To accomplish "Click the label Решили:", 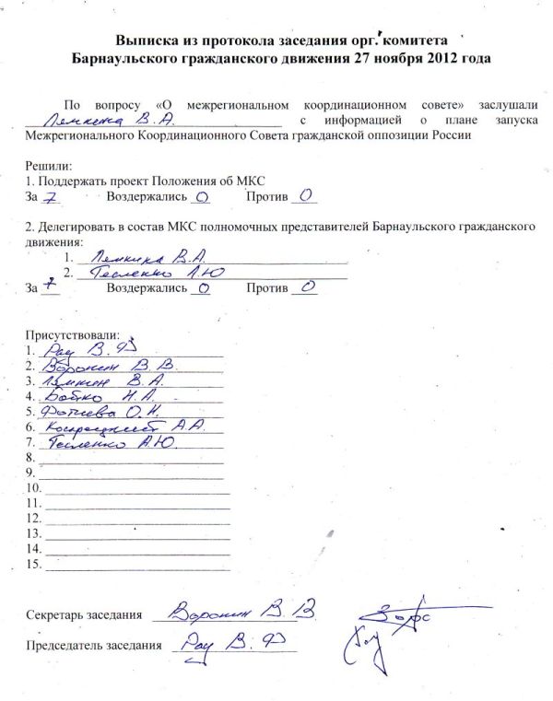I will point(47,166).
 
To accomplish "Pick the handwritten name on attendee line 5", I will point(95,411).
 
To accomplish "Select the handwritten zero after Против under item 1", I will point(307,195).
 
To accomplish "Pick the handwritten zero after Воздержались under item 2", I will point(204,287).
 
